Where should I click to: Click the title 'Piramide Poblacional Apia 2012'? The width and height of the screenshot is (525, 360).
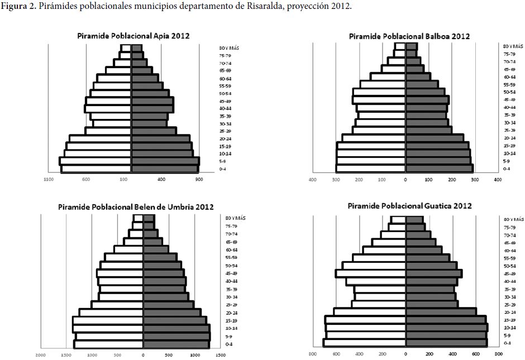(x=133, y=36)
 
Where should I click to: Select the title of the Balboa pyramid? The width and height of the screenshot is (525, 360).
(x=409, y=36)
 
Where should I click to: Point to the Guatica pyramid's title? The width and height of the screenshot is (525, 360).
(x=409, y=206)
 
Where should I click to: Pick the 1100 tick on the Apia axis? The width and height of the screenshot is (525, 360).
(x=49, y=180)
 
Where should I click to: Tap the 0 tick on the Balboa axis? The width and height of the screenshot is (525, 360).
(x=405, y=180)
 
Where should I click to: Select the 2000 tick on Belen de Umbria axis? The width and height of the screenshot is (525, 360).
(x=41, y=354)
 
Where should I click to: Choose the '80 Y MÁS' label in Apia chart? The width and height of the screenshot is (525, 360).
(x=229, y=49)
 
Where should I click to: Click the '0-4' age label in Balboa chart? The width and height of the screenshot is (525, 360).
(x=506, y=169)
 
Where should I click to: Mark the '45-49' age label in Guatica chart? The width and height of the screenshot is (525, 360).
(x=509, y=274)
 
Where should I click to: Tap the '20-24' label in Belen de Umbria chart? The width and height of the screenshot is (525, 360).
(x=232, y=313)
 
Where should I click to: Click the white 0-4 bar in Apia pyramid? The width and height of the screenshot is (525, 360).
(x=96, y=169)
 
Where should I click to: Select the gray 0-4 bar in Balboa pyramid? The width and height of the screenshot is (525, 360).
(x=439, y=168)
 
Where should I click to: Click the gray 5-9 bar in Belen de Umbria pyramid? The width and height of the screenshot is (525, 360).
(x=176, y=337)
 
